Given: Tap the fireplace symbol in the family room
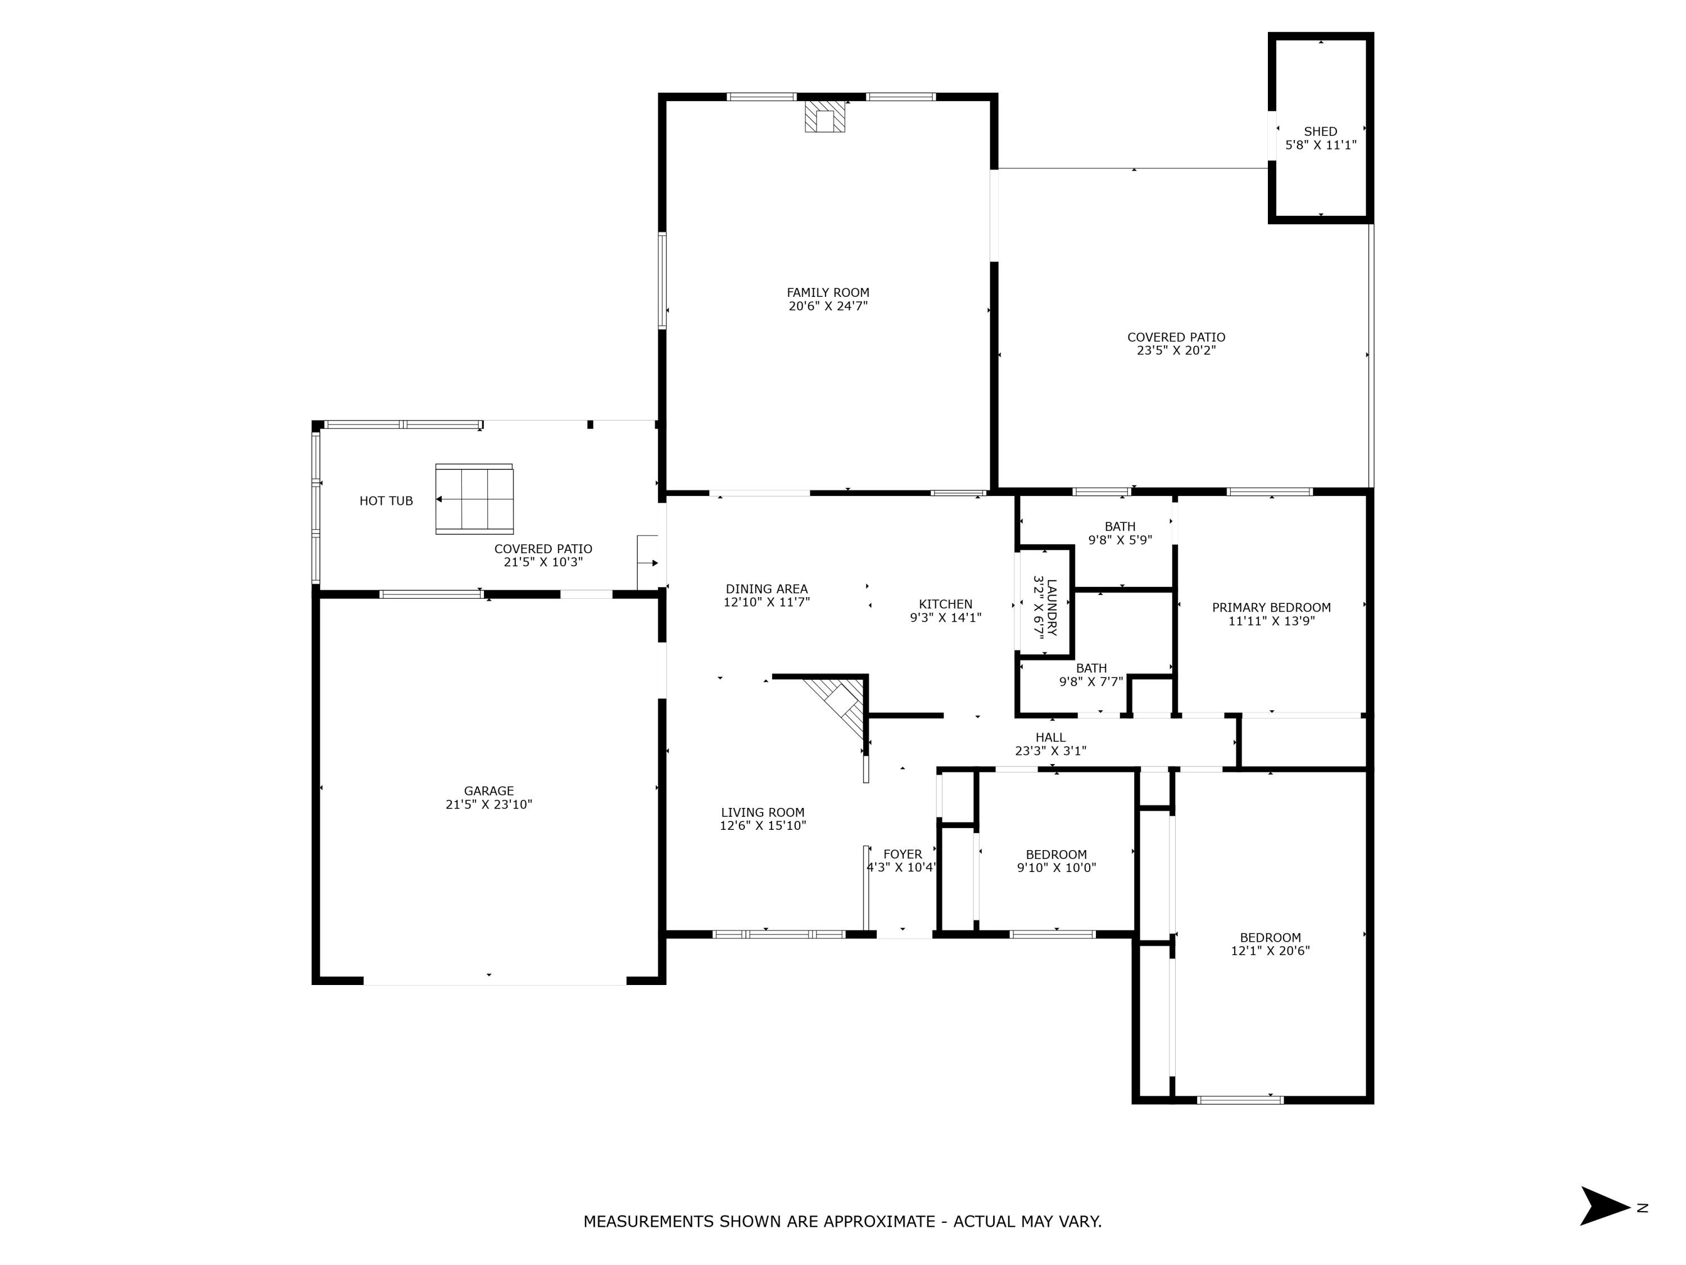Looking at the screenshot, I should pyautogui.click(x=824, y=117).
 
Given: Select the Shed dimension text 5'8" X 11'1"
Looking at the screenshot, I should pyautogui.click(x=1320, y=145).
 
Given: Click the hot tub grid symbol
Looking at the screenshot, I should pyautogui.click(x=474, y=499).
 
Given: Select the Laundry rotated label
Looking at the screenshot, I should pyautogui.click(x=1045, y=608).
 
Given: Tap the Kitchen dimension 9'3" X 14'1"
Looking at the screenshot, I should pyautogui.click(x=945, y=618).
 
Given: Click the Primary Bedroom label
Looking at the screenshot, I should pyautogui.click(x=1271, y=608).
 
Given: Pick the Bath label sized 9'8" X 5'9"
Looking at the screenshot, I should pyautogui.click(x=1119, y=527).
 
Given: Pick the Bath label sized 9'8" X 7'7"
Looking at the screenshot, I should pyautogui.click(x=1091, y=668).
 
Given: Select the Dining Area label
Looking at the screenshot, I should pyautogui.click(x=766, y=589).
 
